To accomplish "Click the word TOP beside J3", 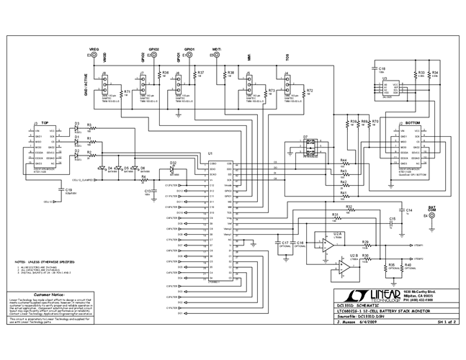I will pos(45,122).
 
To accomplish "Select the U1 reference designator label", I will pos(210,154).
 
